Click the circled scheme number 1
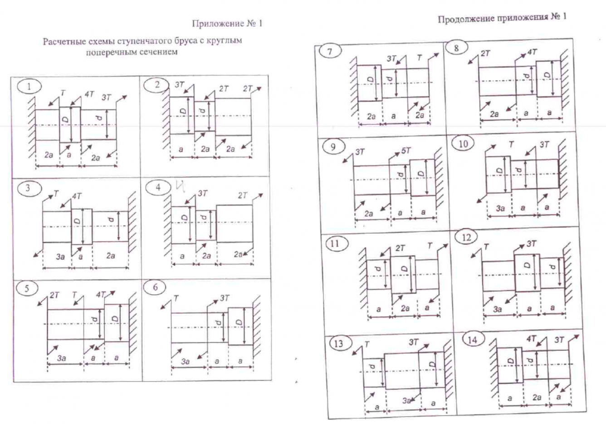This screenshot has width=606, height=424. click(29, 86)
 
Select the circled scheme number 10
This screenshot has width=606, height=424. click(463, 144)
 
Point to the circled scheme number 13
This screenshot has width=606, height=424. click(338, 343)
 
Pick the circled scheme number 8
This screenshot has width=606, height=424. click(456, 48)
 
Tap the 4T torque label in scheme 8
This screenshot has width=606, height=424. click(532, 52)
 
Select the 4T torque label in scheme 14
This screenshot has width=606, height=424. click(531, 339)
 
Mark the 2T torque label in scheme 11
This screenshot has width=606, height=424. click(400, 248)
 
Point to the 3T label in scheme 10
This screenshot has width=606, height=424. click(544, 145)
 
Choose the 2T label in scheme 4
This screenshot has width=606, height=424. click(242, 196)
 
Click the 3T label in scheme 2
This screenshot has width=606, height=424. click(180, 84)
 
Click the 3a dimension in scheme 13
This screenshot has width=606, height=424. click(407, 401)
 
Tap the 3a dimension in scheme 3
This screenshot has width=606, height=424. click(60, 256)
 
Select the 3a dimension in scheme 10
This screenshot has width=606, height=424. click(500, 208)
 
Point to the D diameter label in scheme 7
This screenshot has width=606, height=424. click(371, 81)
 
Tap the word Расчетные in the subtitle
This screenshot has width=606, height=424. click(61, 41)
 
